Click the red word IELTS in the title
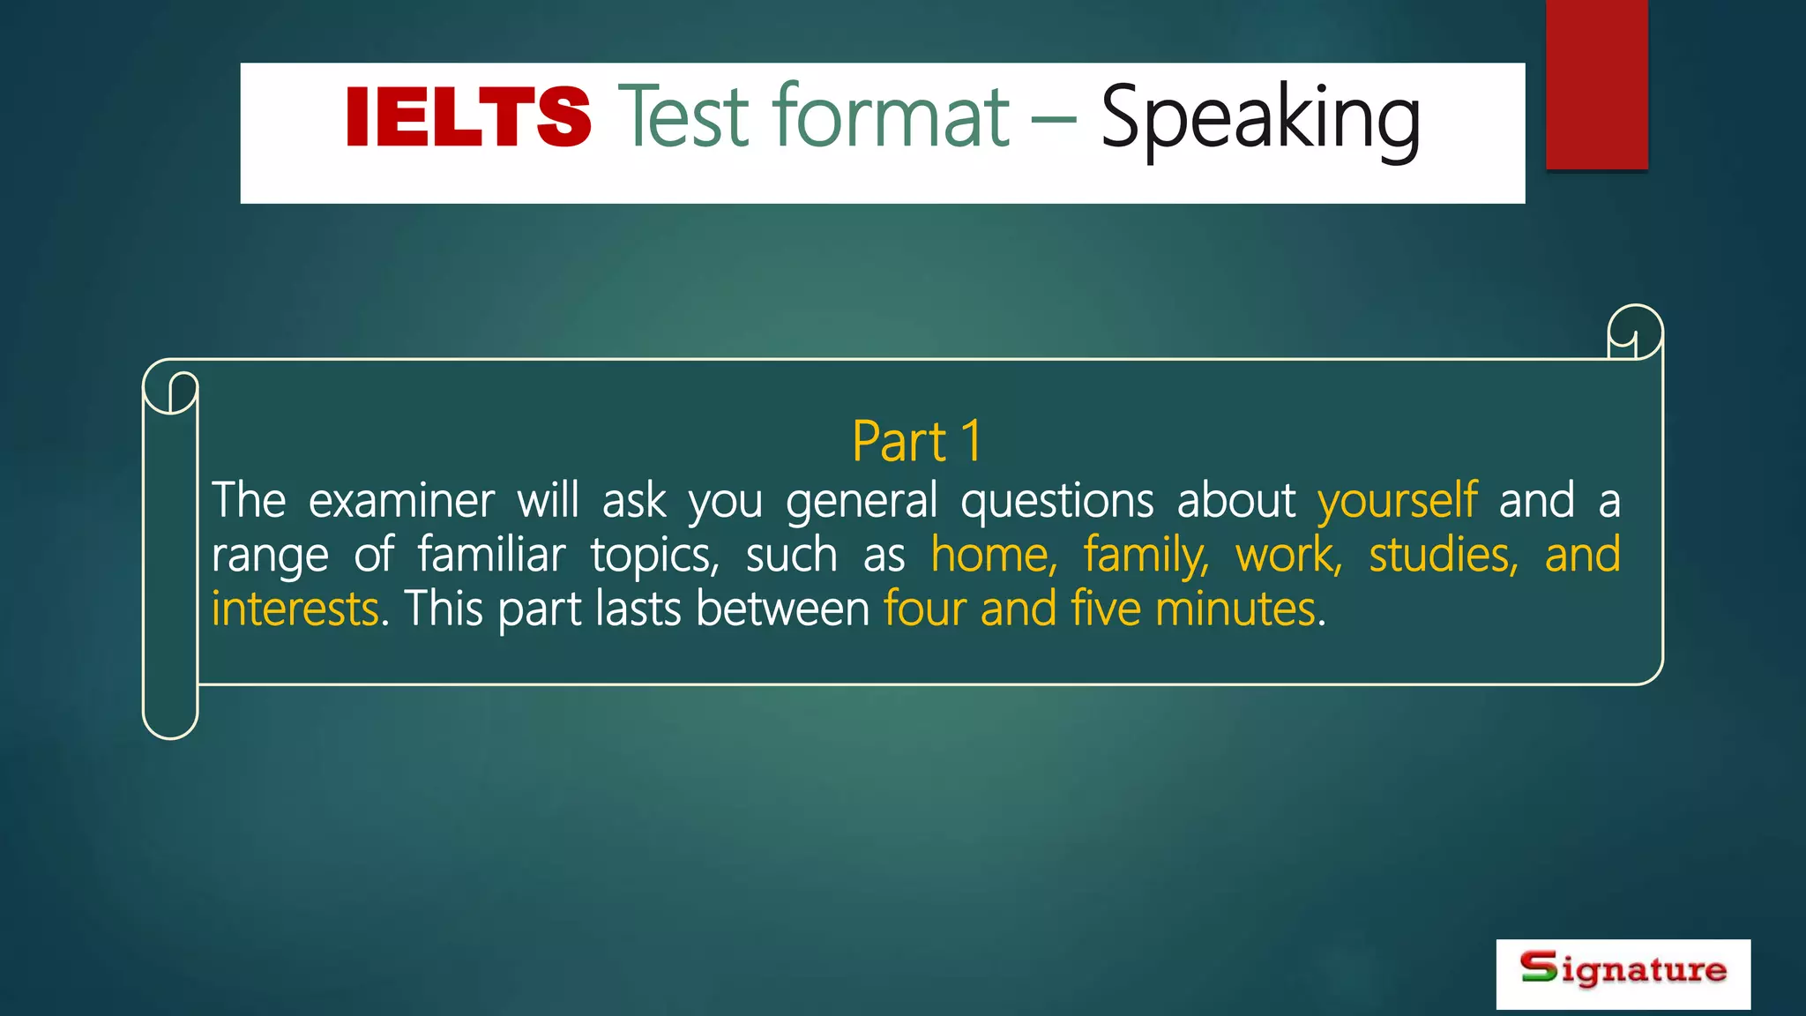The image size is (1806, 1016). click(x=467, y=116)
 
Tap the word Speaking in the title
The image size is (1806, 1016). click(x=1260, y=119)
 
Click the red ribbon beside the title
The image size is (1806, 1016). click(x=1596, y=84)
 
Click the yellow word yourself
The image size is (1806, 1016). click(x=1397, y=501)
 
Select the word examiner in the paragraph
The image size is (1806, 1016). click(x=401, y=501)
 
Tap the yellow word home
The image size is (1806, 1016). click(x=993, y=556)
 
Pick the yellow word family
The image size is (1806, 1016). click(x=1146, y=556)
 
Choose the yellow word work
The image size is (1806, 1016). click(x=1287, y=556)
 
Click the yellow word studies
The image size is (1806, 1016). click(x=1443, y=556)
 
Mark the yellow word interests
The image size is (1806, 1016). click(x=295, y=609)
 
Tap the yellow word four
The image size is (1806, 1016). click(x=925, y=609)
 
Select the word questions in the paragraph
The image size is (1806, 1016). click(x=1056, y=501)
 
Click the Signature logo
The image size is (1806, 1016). click(x=1623, y=973)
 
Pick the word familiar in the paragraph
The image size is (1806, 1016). click(x=491, y=556)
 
